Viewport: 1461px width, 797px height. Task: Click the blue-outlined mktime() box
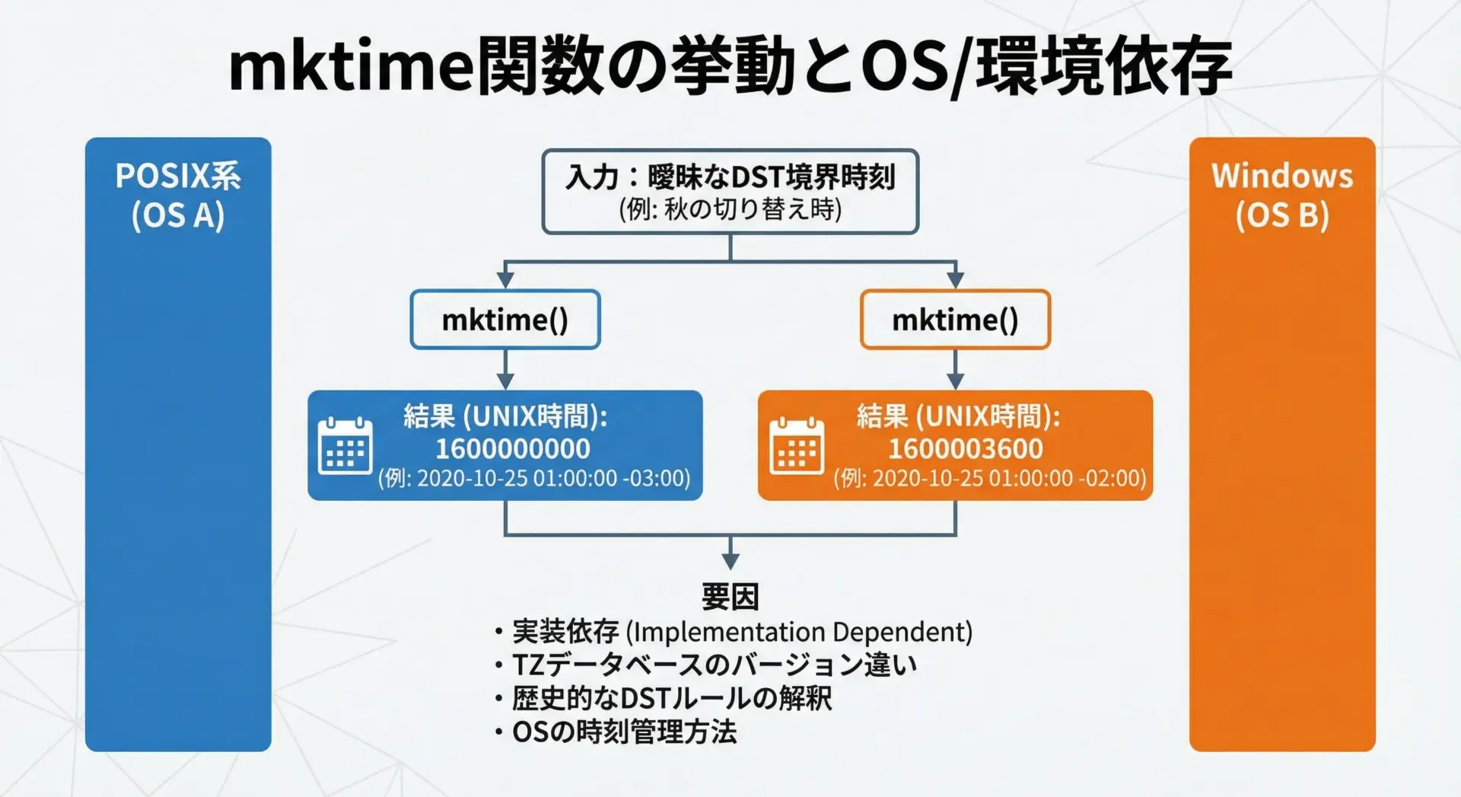click(505, 320)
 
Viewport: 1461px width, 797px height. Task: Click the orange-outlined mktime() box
click(955, 320)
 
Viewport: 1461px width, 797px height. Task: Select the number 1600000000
click(513, 449)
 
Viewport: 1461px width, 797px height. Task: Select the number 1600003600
click(965, 449)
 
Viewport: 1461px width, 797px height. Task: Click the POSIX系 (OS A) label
click(178, 196)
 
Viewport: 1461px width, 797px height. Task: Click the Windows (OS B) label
click(1282, 196)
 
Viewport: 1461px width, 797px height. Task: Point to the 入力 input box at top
click(730, 192)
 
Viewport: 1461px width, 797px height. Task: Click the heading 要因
click(730, 597)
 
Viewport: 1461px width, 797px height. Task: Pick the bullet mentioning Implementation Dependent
click(734, 632)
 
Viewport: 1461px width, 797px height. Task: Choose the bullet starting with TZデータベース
click(705, 665)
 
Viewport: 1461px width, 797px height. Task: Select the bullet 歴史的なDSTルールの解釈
click(663, 698)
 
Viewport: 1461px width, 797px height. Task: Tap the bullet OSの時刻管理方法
click(616, 732)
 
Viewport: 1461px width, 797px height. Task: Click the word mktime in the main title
click(352, 67)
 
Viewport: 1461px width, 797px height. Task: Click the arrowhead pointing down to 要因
click(730, 562)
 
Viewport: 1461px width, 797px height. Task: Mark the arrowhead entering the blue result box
click(505, 381)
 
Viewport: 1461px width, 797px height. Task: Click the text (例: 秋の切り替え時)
click(730, 209)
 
